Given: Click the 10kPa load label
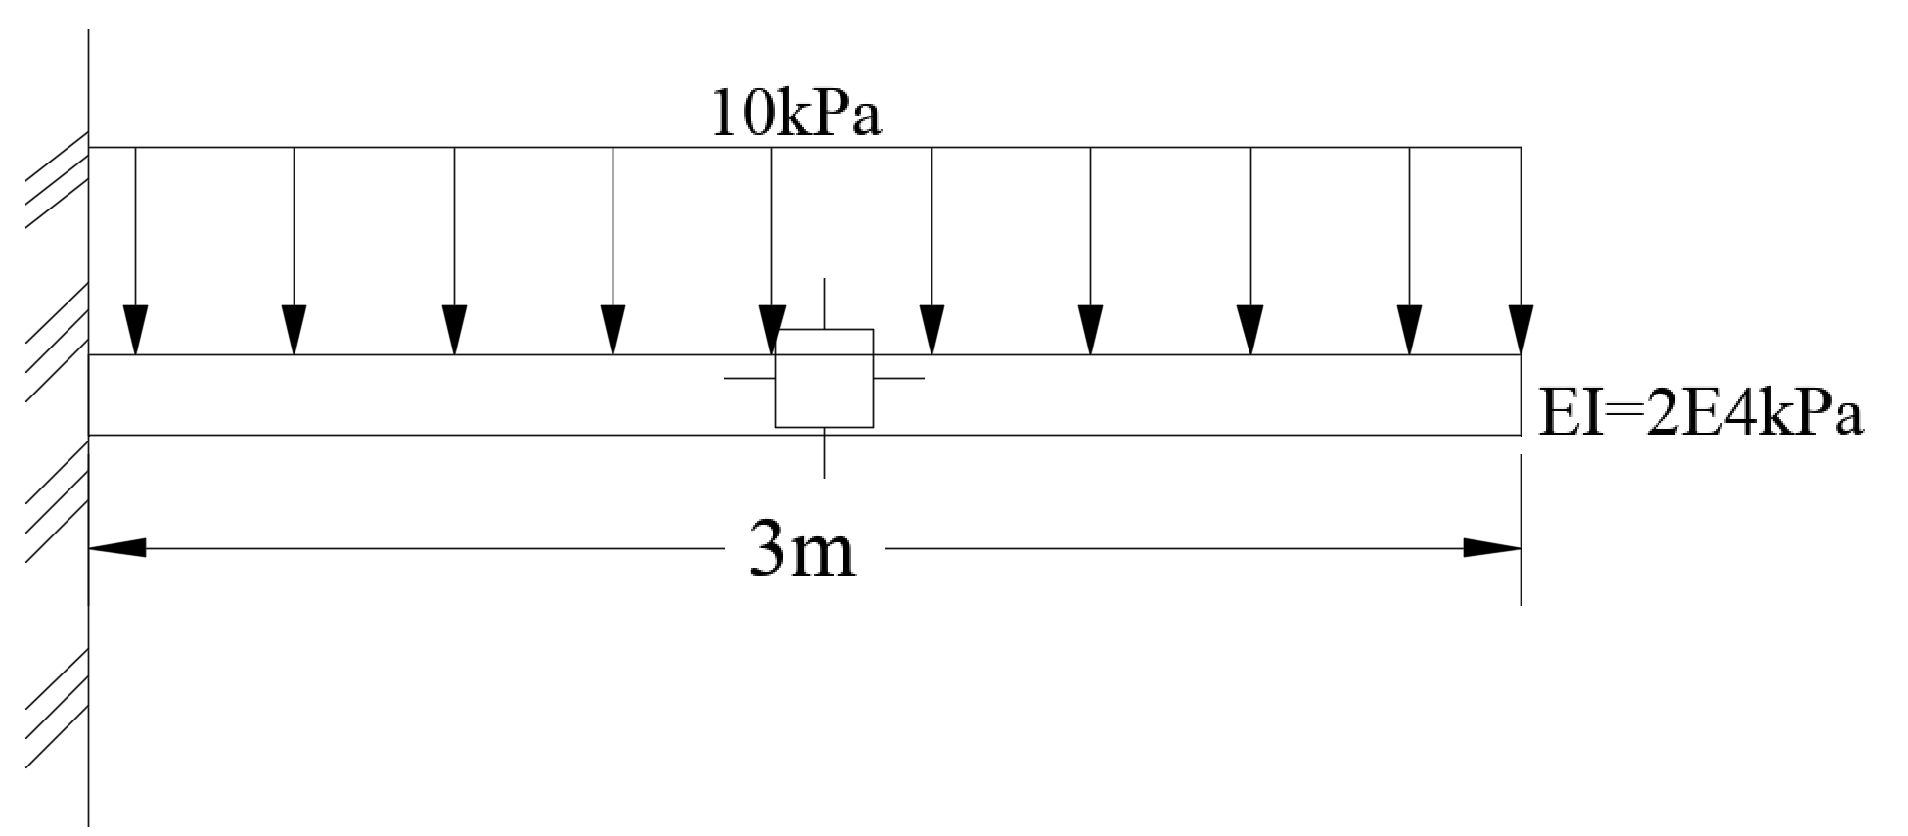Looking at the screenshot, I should pos(796,115).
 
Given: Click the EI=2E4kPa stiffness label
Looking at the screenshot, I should pos(1701,415).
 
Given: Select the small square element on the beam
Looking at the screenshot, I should pos(824,379).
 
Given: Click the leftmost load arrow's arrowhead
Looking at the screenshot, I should pos(135,330).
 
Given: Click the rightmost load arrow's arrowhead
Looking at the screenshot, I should pos(1521,330).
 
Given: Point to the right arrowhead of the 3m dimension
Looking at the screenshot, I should pos(1491,548).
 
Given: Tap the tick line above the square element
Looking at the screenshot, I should pos(824,303).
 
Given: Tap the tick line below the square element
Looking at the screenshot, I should pos(824,452).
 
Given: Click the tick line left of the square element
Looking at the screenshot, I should pos(750,378).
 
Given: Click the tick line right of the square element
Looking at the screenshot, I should pos(898,378).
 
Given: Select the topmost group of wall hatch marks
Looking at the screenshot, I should pos(57,184).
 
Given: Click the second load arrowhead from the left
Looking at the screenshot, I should pos(295,330).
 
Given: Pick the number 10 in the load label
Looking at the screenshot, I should pos(732,115).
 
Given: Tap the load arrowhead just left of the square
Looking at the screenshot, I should pos(772,330).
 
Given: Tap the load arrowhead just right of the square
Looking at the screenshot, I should pos(931,330).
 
